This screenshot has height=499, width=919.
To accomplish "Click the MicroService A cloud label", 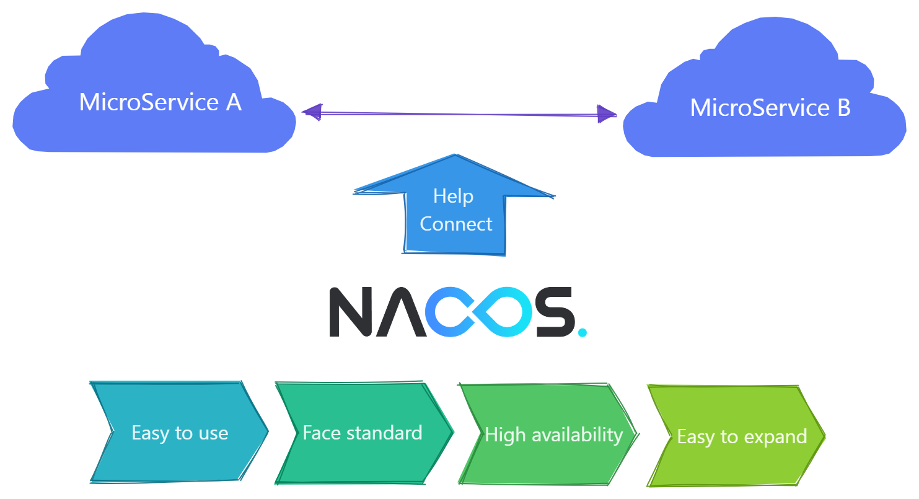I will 160,102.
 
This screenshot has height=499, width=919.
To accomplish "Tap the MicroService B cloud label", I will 770,108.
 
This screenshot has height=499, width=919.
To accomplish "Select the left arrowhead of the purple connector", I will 312,112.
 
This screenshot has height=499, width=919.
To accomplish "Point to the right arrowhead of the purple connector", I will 607,114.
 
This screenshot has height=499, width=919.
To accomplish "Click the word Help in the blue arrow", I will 453,196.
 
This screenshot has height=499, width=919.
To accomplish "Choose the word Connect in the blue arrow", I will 456,224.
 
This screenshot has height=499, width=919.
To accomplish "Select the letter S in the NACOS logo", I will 555,312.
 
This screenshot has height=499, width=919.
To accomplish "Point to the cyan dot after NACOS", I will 581,332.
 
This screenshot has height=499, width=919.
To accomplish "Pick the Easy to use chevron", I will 180,432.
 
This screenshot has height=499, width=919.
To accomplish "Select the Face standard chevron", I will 363,432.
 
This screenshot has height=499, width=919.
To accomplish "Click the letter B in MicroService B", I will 843,108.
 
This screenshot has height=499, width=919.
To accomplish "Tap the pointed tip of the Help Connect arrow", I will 455,156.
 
